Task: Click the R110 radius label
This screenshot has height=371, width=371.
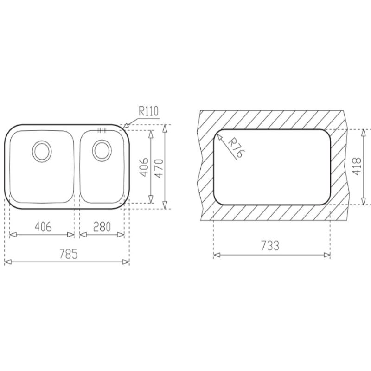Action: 148,111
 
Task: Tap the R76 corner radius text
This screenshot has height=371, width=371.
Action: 235,148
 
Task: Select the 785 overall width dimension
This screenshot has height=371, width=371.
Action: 67,254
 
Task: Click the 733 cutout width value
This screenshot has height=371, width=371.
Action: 271,246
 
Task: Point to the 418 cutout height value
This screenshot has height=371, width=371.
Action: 356,166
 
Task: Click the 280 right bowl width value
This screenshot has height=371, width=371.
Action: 102,227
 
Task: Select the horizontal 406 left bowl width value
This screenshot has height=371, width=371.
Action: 42,227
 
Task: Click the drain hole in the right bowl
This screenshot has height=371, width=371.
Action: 101,149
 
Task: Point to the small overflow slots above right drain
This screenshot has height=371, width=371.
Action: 101,130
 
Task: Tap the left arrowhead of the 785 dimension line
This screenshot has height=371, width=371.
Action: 6,262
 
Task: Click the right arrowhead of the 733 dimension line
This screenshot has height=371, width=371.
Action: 327,255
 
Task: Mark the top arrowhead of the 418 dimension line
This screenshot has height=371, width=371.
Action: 364,132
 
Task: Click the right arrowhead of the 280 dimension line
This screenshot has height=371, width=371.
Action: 122,235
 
